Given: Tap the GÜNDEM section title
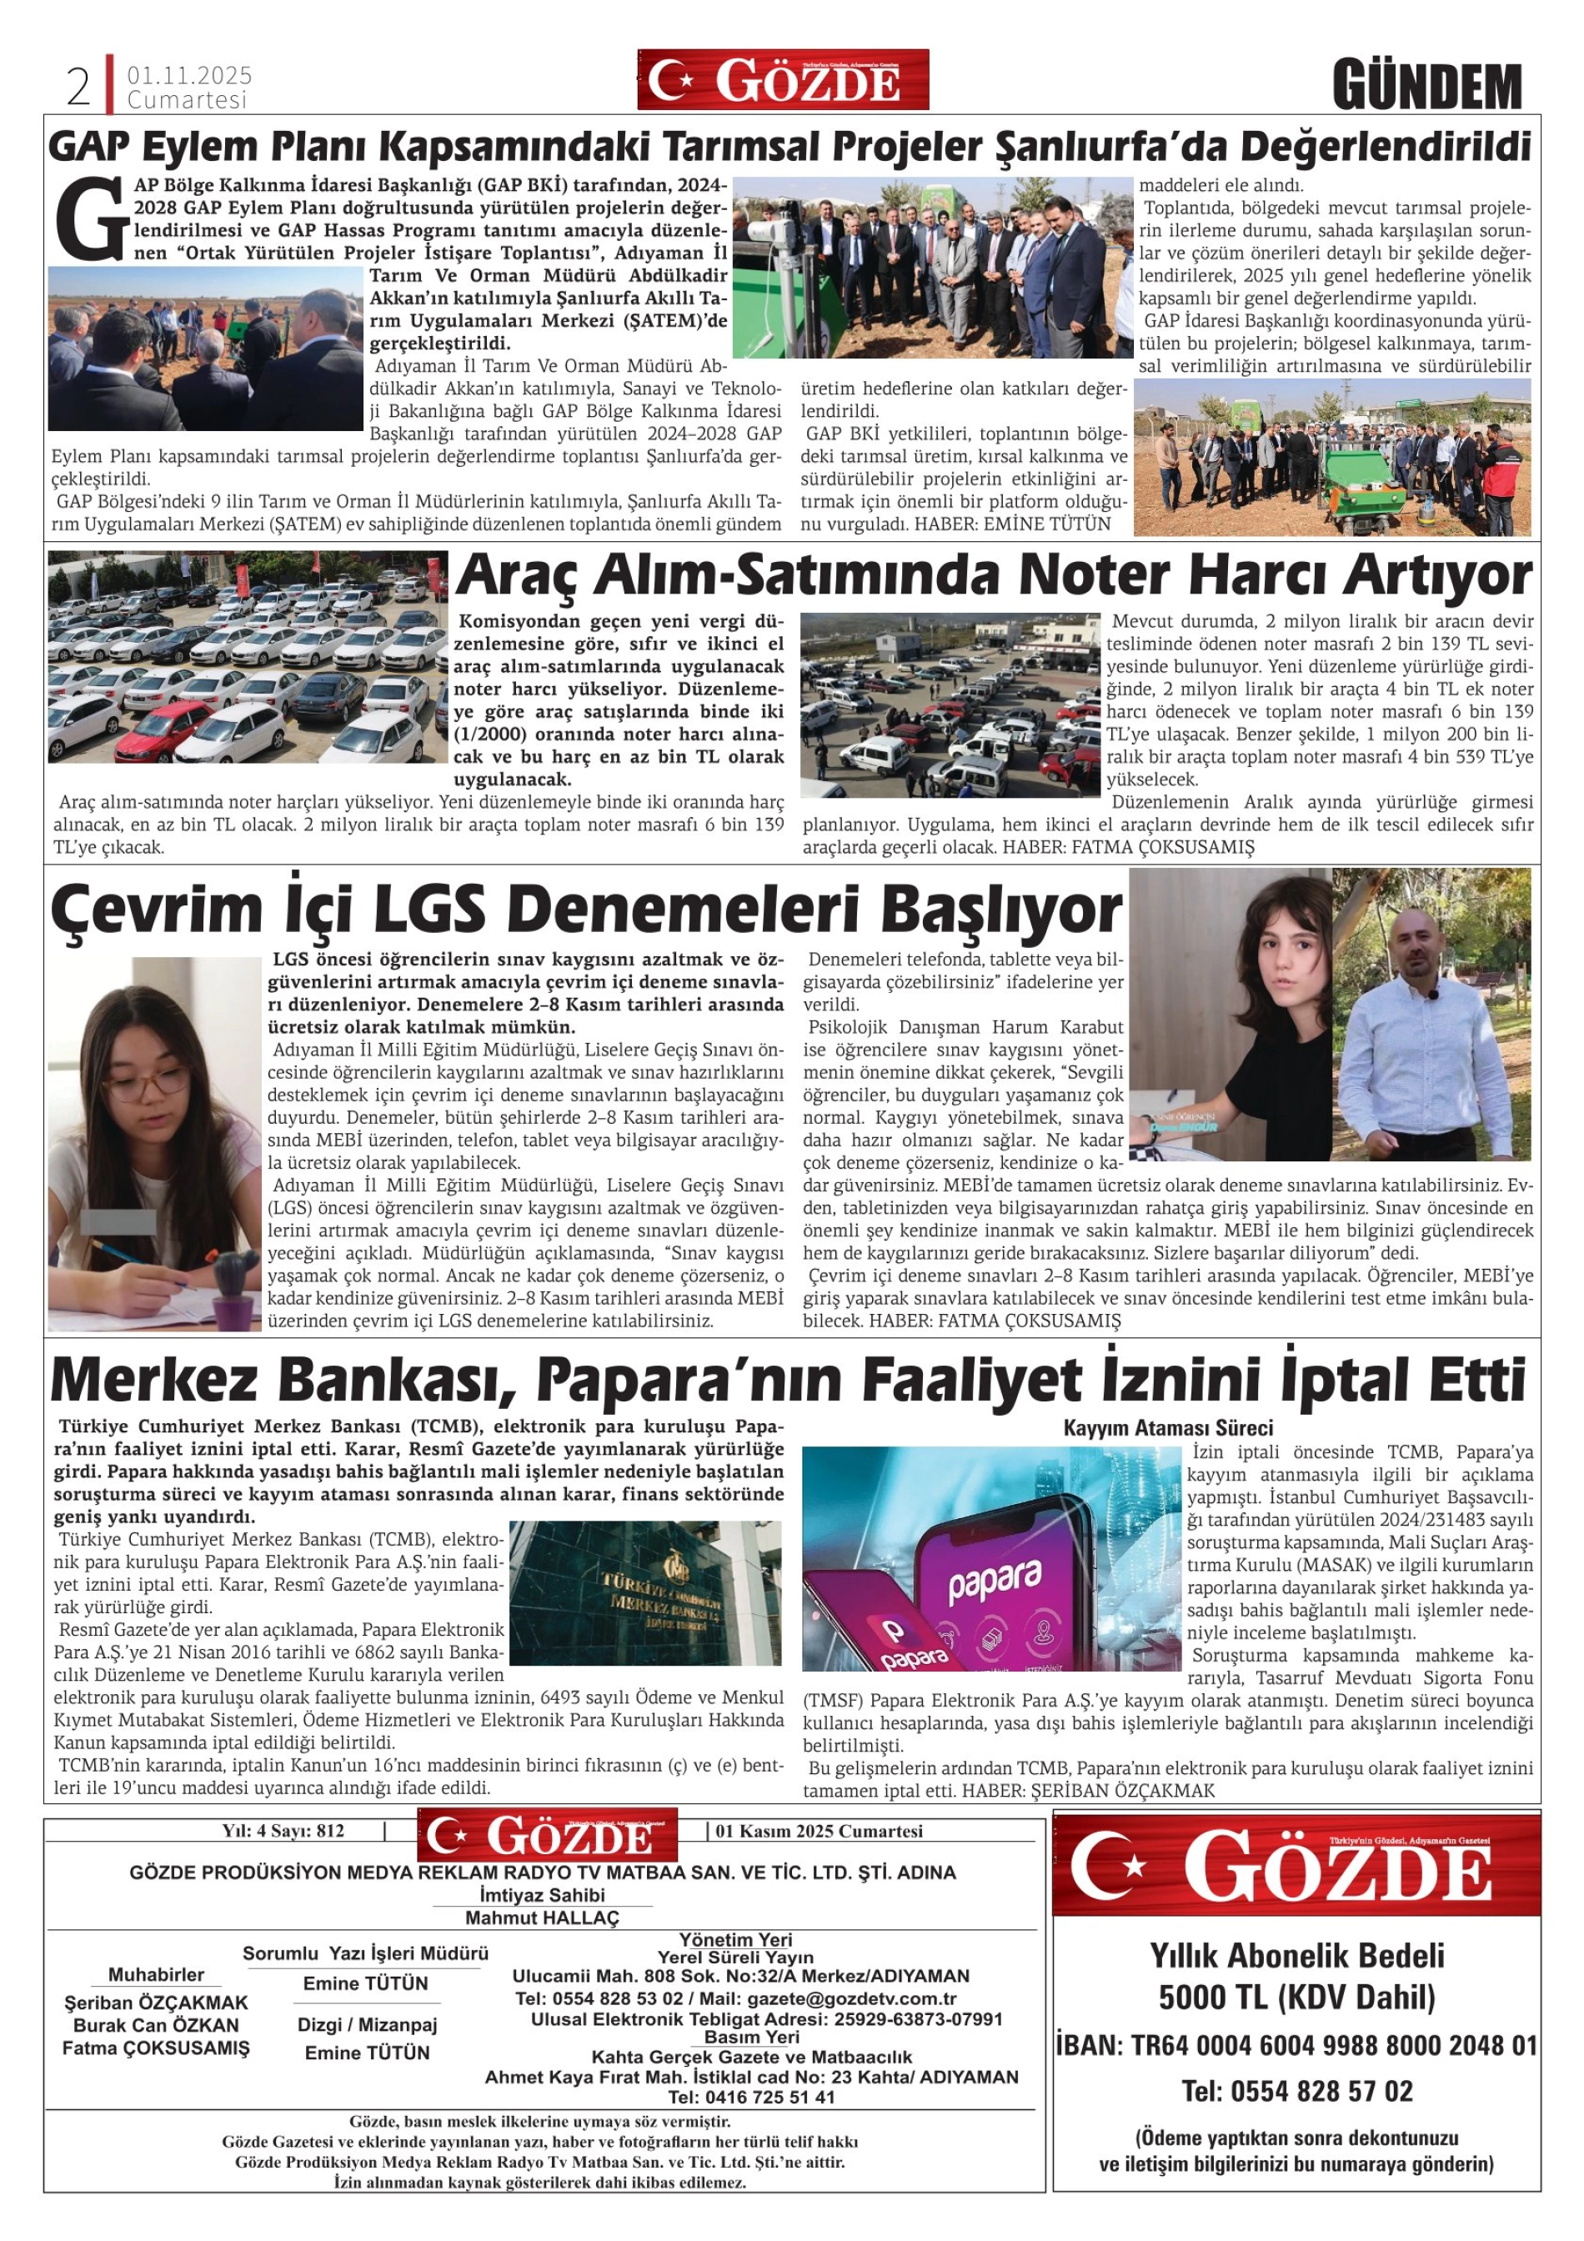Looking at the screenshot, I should pos(1427,87).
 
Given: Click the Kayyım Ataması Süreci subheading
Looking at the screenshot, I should pos(1167,1428).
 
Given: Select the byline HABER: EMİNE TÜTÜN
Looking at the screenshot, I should pos(1012,524).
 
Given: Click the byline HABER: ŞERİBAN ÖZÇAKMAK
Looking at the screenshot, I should pos(1088,1791).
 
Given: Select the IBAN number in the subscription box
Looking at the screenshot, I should pos(1296,2045).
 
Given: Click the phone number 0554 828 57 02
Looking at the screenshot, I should pos(1296,2091).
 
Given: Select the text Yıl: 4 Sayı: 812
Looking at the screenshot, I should pos(283,1831).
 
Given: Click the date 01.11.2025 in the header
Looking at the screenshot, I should pos(189,75).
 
